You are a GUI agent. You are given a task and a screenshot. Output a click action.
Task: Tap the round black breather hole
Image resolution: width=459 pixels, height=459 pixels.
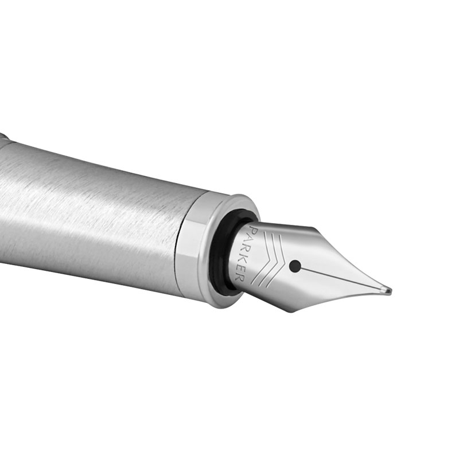coord(295,266)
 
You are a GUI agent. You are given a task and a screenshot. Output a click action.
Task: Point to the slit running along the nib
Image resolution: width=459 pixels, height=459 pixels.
coord(343,279)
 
